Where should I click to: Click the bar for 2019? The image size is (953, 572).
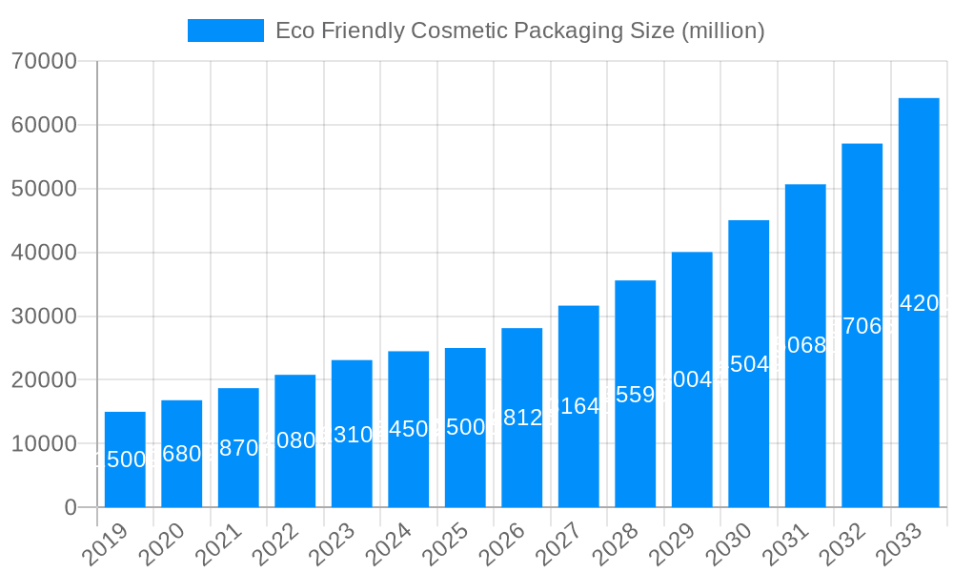(125, 460)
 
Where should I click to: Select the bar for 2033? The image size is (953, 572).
(919, 302)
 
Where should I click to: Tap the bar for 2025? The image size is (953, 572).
(465, 427)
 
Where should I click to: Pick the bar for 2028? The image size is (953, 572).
(636, 394)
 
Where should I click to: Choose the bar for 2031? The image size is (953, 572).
(805, 345)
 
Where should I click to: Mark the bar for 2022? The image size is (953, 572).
(295, 440)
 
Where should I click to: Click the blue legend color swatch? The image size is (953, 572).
(226, 31)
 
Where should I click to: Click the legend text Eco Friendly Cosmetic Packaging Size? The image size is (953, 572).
(519, 31)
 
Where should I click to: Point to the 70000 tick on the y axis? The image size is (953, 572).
(44, 62)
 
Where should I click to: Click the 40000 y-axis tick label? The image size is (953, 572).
(44, 253)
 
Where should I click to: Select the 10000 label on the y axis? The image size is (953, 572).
(44, 444)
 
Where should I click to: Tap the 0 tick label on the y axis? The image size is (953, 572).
(71, 508)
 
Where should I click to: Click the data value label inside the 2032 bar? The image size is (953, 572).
(862, 326)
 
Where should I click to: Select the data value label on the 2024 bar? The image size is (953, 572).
(409, 429)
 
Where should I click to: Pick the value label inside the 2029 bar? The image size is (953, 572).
(692, 379)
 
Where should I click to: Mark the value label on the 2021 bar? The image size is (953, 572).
(238, 448)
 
